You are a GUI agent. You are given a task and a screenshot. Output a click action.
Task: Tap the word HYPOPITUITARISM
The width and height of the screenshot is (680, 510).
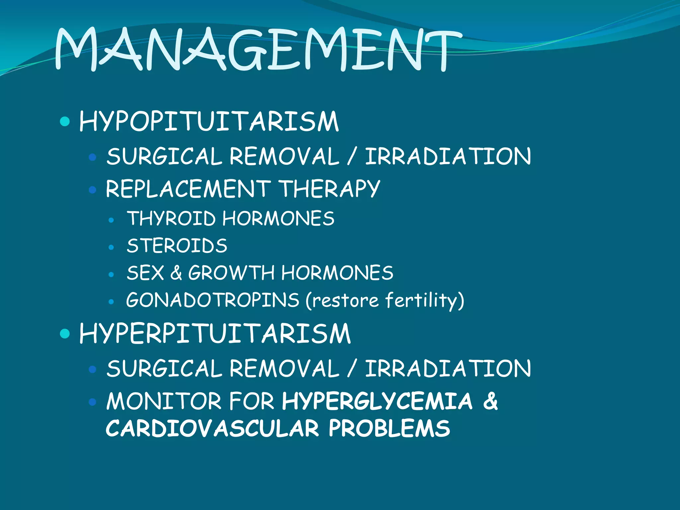pyautogui.click(x=209, y=122)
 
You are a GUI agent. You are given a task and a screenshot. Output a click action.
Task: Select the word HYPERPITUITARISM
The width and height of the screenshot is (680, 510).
pyautogui.click(x=215, y=334)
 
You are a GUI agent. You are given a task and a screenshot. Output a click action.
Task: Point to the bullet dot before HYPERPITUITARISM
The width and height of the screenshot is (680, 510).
pyautogui.click(x=65, y=333)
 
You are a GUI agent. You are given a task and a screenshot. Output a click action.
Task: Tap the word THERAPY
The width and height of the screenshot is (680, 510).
pyautogui.click(x=329, y=189)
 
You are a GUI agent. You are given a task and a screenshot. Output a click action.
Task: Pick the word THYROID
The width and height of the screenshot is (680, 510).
pyautogui.click(x=171, y=218)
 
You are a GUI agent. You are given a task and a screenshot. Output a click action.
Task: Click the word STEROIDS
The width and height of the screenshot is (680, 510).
pyautogui.click(x=177, y=246)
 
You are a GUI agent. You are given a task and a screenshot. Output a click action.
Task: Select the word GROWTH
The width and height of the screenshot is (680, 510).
pyautogui.click(x=231, y=273)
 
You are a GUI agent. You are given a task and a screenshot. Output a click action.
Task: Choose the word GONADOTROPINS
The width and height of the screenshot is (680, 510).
pyautogui.click(x=212, y=300)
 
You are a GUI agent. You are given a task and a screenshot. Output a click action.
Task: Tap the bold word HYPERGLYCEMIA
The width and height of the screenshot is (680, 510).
pyautogui.click(x=377, y=401)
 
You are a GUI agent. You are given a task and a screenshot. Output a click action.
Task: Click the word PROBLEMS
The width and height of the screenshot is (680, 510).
pyautogui.click(x=389, y=428)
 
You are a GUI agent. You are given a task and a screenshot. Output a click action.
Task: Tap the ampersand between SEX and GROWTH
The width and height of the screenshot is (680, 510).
pyautogui.click(x=176, y=273)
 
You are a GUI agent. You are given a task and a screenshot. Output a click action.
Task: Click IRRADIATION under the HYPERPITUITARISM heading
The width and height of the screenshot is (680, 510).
pyautogui.click(x=448, y=369)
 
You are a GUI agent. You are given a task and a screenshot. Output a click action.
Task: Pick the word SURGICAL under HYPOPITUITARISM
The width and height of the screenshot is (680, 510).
pyautogui.click(x=164, y=157)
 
